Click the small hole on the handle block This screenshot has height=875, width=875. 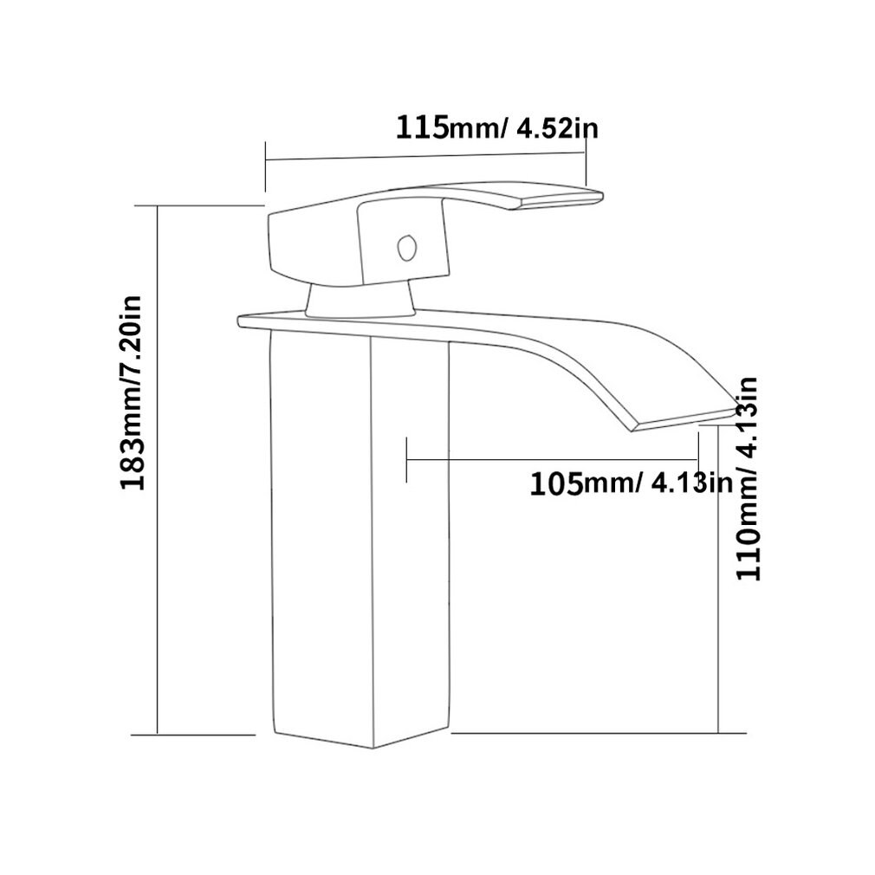404,247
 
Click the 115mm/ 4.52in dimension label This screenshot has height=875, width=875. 497,128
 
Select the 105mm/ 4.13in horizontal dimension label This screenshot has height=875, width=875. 632,482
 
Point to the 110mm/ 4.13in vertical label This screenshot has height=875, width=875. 747,478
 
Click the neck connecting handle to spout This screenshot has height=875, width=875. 360,300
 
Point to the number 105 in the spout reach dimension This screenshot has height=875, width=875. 554,482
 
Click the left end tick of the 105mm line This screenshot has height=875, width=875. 406,459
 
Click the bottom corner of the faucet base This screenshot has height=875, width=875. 372,747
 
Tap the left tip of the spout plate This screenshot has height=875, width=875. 241,321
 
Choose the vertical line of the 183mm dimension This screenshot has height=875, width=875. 157,468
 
